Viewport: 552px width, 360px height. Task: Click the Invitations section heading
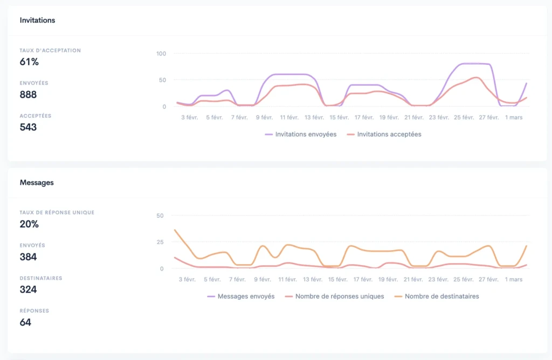coord(37,20)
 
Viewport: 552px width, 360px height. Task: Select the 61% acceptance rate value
coord(29,62)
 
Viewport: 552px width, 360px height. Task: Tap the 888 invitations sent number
coord(28,95)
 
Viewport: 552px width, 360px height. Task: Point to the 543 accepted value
coord(28,127)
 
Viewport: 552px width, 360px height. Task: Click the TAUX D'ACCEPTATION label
coord(50,51)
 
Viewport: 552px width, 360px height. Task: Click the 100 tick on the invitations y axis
coord(161,53)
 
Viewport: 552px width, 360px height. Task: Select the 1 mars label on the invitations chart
coord(513,117)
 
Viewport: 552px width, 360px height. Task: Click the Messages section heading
coord(37,183)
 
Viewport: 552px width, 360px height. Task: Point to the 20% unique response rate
coord(29,224)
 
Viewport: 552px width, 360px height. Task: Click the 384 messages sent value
coord(28,257)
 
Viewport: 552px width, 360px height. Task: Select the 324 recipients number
coord(28,289)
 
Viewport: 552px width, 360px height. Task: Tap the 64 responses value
coord(25,322)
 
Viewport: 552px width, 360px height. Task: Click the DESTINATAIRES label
coord(41,278)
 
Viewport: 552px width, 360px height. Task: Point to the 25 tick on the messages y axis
coord(160,242)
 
